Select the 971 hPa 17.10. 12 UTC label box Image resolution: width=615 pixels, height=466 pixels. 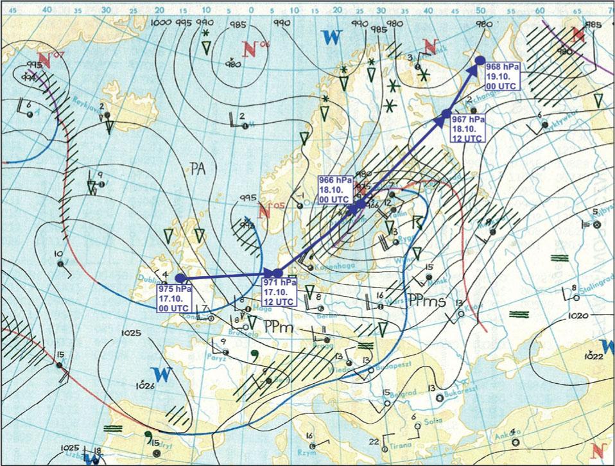279,293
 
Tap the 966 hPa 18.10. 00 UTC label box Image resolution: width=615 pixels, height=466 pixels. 334,191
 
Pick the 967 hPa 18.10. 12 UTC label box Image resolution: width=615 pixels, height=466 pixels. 467,128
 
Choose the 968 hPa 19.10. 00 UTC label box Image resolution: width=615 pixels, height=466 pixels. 503,76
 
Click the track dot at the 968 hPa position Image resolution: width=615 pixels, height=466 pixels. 480,60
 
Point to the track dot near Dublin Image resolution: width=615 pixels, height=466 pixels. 180,277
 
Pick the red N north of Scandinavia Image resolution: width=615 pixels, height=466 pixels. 431,46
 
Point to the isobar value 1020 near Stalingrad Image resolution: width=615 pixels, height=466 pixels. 578,316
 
